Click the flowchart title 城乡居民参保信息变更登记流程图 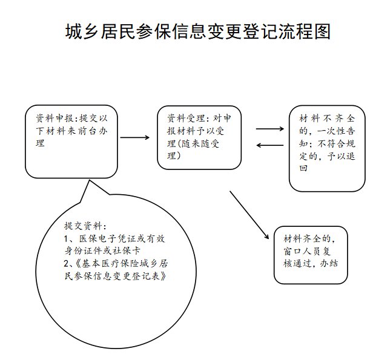[x=197, y=31]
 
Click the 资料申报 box [x=70, y=140]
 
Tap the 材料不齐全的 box [x=327, y=148]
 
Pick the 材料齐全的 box [x=311, y=254]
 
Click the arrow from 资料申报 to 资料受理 [x=134, y=137]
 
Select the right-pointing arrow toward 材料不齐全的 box [x=270, y=128]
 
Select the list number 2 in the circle [x=67, y=263]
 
